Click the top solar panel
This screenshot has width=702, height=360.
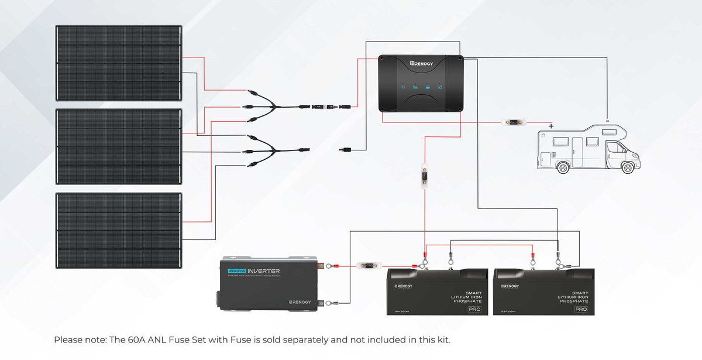119,63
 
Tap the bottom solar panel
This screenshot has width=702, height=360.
119,230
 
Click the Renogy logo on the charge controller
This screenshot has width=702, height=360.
425,62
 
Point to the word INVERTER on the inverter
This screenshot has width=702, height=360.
263,271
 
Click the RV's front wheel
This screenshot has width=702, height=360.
627,167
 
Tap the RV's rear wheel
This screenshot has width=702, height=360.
563,167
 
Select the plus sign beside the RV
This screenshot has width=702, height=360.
550,125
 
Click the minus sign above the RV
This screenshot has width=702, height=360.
607,122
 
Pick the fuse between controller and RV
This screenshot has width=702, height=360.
515,123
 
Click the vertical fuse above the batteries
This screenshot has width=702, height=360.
424,176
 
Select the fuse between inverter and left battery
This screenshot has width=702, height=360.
370,266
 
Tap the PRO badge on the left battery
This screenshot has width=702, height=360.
474,308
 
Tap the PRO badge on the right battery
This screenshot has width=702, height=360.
580,308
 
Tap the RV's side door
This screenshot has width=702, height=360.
577,150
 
